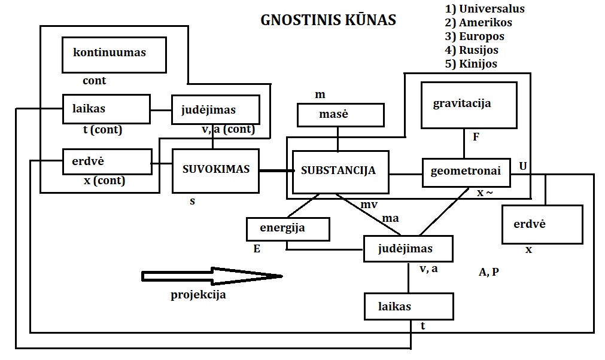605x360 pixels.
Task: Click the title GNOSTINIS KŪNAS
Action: click(x=329, y=20)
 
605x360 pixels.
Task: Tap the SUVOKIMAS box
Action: click(x=215, y=170)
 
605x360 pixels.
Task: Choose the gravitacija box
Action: click(x=469, y=105)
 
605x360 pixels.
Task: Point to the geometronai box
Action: click(x=466, y=172)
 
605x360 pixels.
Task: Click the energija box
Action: click(x=288, y=228)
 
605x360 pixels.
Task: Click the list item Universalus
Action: click(x=485, y=9)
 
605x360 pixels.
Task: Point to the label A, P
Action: click(x=489, y=272)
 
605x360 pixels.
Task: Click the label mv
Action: click(x=369, y=205)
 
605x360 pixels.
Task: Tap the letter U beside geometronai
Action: click(x=523, y=166)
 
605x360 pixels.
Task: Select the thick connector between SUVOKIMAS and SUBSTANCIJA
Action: click(x=276, y=171)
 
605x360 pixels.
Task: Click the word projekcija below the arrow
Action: click(x=198, y=294)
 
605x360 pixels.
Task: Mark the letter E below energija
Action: click(x=257, y=249)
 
